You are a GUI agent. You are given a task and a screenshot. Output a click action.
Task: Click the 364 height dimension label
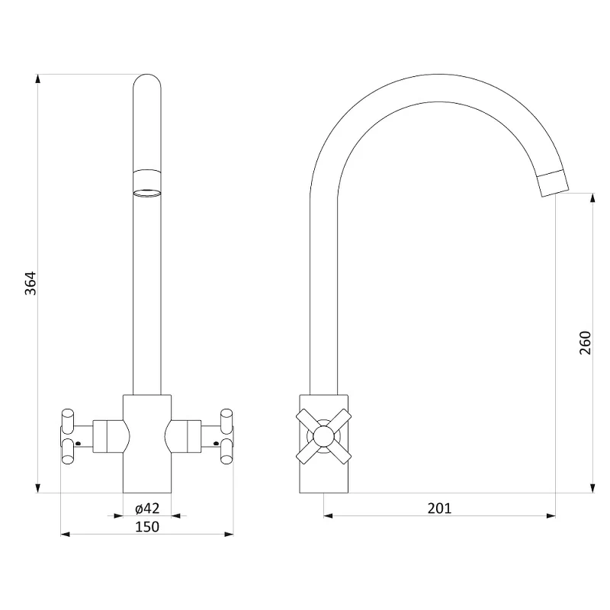(x=30, y=283)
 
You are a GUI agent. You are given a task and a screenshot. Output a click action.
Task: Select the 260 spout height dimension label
(x=585, y=342)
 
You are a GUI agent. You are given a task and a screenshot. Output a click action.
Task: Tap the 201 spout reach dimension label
(x=440, y=508)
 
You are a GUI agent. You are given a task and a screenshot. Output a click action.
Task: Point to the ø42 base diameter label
(x=147, y=508)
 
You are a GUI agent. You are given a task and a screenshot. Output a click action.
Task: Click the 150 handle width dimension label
(x=147, y=526)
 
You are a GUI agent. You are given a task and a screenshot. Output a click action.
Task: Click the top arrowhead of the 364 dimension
(x=37, y=79)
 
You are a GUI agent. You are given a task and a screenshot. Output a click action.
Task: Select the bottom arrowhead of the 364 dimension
(x=37, y=488)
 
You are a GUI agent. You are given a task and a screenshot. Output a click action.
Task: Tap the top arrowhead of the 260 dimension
(x=592, y=197)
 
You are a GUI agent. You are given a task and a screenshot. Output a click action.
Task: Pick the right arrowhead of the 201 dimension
(x=551, y=516)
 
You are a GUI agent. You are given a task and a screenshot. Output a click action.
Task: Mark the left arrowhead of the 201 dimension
(x=329, y=516)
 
